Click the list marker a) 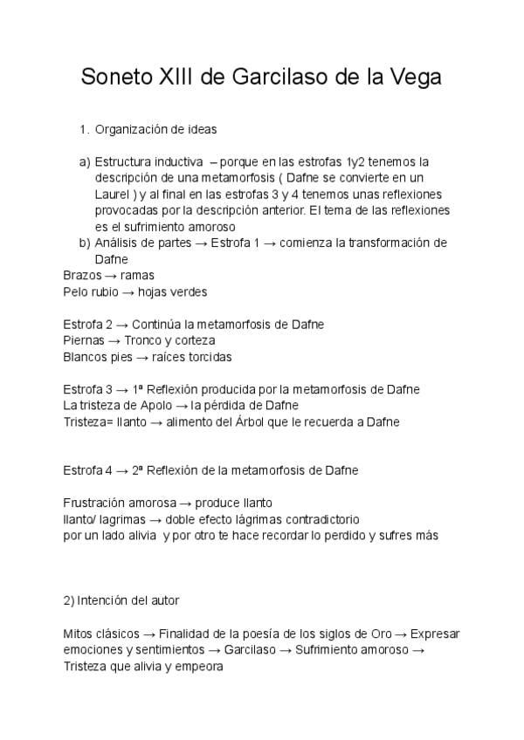click(x=85, y=162)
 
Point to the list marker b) click(x=85, y=243)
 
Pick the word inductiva click(x=174, y=162)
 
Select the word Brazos click(x=81, y=276)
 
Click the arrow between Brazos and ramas click(x=110, y=276)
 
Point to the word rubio click(x=107, y=291)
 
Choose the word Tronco click(x=142, y=340)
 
